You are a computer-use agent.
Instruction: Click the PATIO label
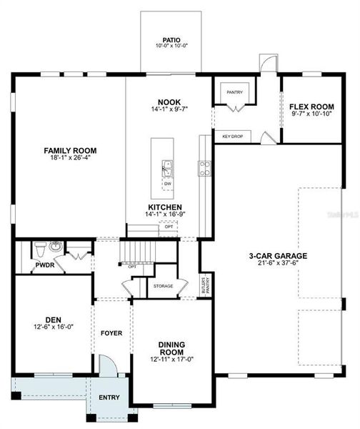click(170, 41)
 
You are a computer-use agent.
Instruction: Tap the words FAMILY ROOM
click(70, 151)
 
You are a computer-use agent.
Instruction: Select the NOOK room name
click(169, 102)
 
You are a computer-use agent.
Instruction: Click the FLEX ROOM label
click(312, 107)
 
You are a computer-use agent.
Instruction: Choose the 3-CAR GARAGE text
click(278, 255)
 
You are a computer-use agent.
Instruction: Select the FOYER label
click(111, 332)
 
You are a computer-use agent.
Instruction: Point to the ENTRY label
click(109, 398)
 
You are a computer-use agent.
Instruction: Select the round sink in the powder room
click(57, 248)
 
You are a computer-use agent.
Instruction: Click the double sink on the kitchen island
click(168, 169)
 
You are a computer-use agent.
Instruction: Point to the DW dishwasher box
click(168, 184)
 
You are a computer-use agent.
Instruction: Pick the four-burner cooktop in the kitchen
click(204, 169)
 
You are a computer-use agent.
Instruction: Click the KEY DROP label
click(231, 136)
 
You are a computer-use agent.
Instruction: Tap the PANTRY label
click(234, 92)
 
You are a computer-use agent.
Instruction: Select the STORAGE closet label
click(163, 286)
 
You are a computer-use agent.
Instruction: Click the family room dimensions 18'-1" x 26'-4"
click(70, 159)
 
